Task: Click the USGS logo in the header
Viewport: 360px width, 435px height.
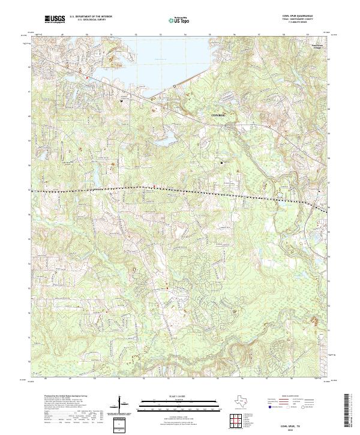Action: pyautogui.click(x=53, y=20)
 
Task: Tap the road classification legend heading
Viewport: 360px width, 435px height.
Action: pyautogui.click(x=288, y=397)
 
